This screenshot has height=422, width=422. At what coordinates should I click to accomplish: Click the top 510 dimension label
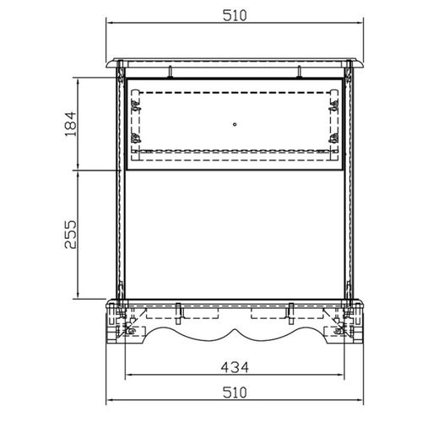point(235,15)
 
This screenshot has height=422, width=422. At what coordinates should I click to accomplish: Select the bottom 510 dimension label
point(235,392)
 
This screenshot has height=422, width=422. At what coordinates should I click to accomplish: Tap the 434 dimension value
point(235,367)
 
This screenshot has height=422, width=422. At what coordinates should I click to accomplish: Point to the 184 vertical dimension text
point(71,124)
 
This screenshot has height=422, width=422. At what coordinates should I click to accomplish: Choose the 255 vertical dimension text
point(71,235)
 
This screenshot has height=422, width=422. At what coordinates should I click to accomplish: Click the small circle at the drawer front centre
point(235,124)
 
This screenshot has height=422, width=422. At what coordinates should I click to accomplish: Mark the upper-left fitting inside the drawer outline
point(136,106)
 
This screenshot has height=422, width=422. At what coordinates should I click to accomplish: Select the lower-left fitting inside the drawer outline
point(136,138)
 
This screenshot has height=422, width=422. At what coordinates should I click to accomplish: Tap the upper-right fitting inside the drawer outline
point(334,106)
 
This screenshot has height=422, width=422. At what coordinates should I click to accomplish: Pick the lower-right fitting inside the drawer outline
point(334,138)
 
